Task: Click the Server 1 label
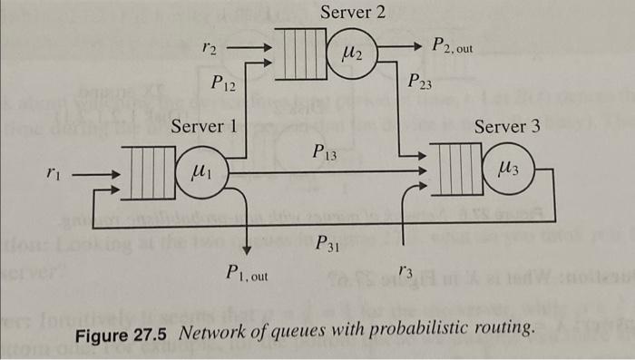point(204,127)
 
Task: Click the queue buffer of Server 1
point(149,172)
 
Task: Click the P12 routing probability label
point(223,86)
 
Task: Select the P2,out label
point(453,45)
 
